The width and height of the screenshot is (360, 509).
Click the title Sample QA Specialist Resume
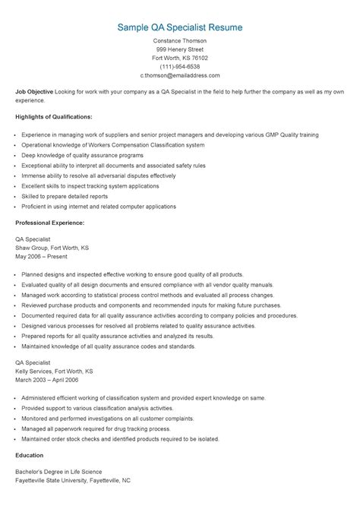[180, 27]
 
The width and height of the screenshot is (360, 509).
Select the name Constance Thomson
[180, 40]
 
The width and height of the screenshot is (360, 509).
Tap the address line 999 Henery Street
[180, 49]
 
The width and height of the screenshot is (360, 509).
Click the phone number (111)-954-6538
[180, 66]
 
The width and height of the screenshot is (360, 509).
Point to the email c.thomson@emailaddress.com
[180, 75]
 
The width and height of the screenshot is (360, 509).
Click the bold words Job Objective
[34, 91]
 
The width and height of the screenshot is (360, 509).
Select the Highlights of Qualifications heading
[54, 117]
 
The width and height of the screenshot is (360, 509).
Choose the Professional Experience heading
[50, 223]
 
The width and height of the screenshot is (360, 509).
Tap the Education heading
[30, 456]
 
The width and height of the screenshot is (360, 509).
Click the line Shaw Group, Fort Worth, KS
[52, 248]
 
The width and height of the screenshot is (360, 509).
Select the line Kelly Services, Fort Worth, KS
[54, 371]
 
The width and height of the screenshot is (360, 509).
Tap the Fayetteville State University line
[73, 481]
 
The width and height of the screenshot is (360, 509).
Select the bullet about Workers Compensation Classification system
[112, 144]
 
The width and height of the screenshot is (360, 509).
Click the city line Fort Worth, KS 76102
[180, 58]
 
